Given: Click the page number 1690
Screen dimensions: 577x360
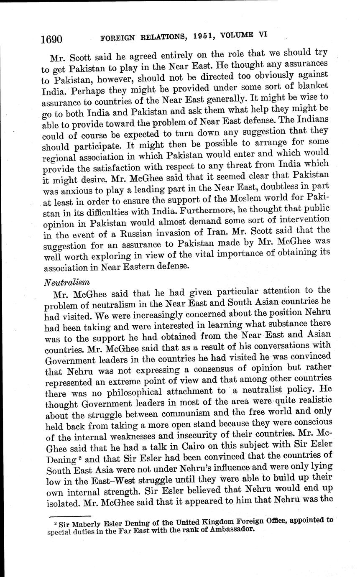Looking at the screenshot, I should (x=52, y=39).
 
